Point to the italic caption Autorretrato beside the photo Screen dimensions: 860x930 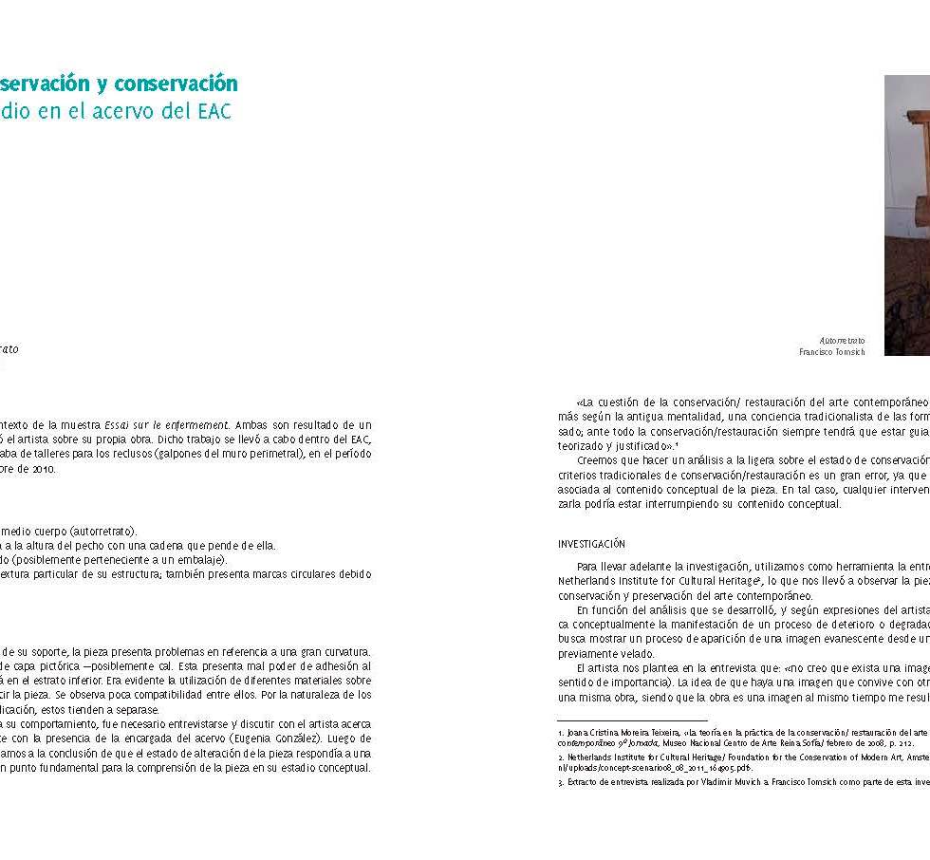(x=843, y=340)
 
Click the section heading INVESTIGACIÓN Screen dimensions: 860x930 (x=591, y=544)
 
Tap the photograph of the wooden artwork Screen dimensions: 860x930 (x=906, y=214)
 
